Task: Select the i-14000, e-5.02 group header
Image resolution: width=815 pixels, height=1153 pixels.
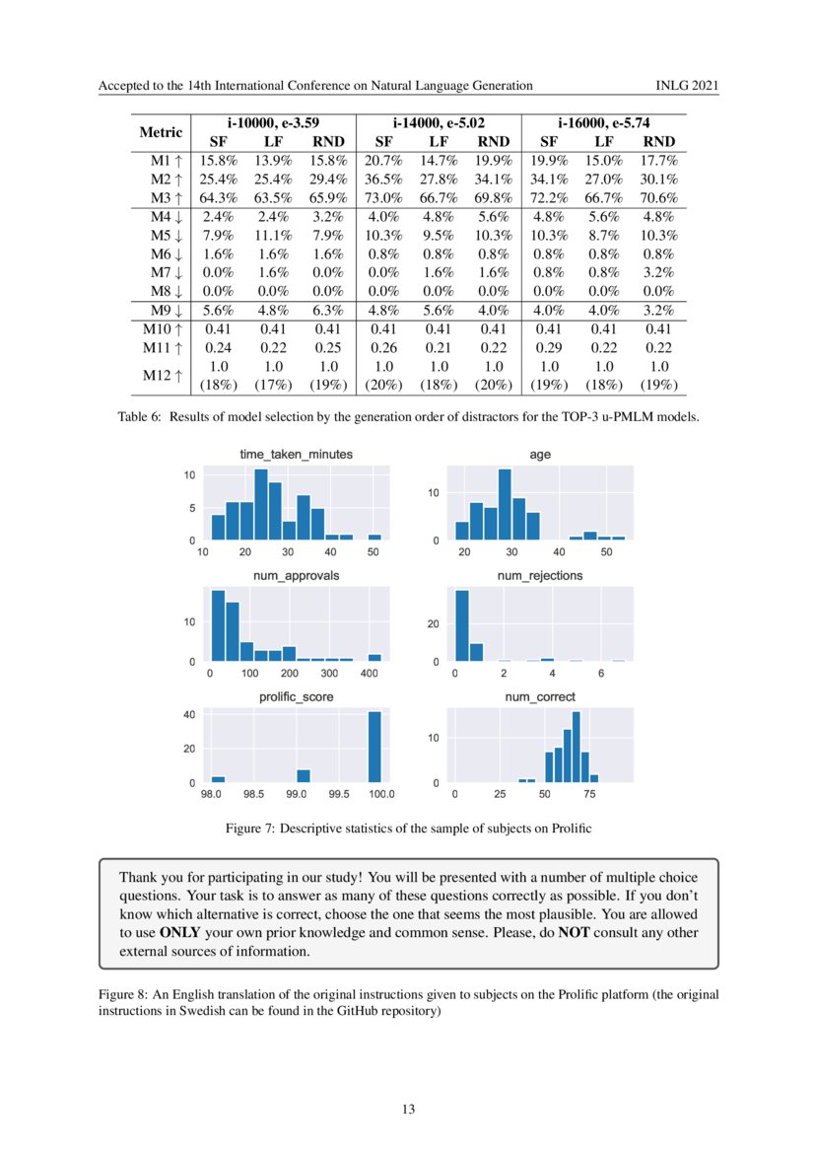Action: click(x=438, y=123)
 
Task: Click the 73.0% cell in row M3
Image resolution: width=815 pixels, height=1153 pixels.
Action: click(x=381, y=197)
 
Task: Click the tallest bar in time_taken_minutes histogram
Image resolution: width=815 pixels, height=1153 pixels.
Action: click(x=261, y=504)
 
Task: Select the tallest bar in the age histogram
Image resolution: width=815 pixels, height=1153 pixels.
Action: click(x=505, y=504)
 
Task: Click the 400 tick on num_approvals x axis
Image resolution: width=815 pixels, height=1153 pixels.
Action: click(x=370, y=673)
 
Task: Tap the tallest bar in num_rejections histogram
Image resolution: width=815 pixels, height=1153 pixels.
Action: click(x=461, y=625)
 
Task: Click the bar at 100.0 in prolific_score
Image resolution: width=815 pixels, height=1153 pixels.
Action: click(x=374, y=747)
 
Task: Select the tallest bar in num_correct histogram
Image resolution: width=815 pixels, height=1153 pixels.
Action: click(x=576, y=747)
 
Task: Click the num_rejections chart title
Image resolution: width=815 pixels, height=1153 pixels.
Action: click(x=539, y=575)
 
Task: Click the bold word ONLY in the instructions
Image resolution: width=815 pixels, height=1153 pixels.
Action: click(x=182, y=932)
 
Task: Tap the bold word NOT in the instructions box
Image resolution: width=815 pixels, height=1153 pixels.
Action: click(x=574, y=932)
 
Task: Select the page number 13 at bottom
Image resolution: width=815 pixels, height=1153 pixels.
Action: click(x=408, y=1110)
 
